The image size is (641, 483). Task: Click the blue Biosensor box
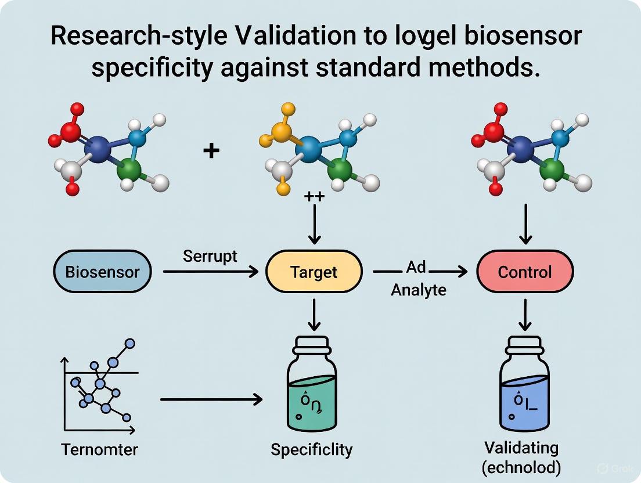point(102,272)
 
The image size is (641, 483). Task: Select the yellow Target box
point(314,272)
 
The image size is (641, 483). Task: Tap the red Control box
point(525,272)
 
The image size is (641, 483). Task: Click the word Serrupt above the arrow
point(210,256)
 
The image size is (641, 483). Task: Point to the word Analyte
point(418,289)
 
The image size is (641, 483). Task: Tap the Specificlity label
point(311,449)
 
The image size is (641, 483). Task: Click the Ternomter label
point(99,449)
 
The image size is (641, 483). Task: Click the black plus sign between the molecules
point(211,152)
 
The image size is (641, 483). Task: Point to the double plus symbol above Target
point(314,197)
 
